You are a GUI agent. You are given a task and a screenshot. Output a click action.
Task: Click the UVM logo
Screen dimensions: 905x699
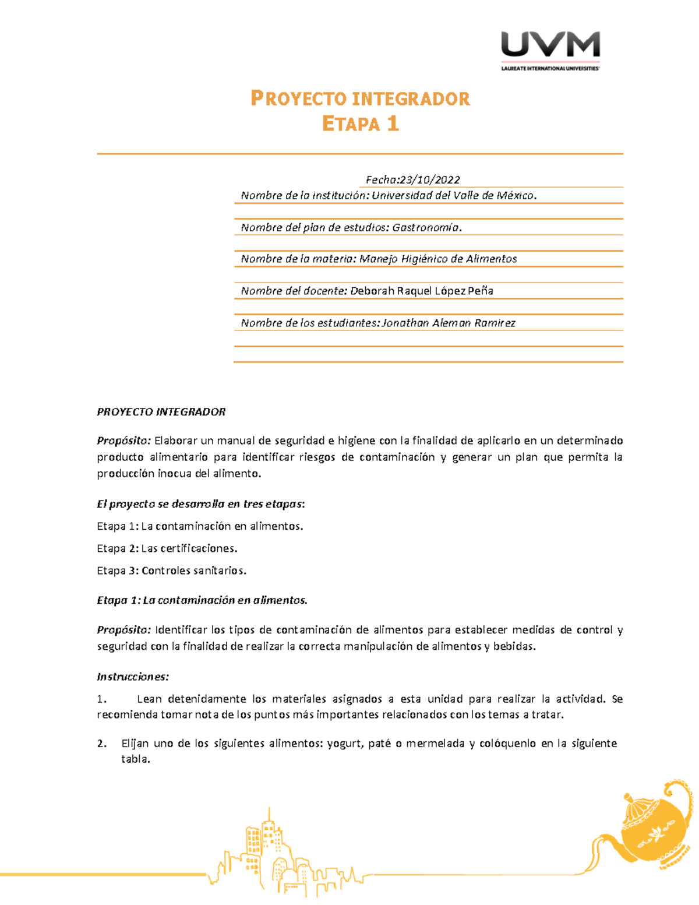pos(550,45)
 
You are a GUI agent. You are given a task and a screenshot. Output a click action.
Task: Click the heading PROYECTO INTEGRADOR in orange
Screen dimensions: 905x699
pos(360,98)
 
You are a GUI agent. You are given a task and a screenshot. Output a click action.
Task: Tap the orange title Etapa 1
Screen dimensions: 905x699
pos(360,124)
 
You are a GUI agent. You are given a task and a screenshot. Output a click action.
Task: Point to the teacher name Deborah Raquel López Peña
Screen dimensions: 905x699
pos(422,291)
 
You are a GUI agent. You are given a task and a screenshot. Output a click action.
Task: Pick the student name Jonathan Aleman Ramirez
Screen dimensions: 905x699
pos(449,323)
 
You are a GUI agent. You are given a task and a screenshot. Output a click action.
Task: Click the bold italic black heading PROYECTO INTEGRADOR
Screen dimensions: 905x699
pos(161,412)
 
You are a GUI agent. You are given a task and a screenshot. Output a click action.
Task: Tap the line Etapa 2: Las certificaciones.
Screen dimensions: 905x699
pos(167,548)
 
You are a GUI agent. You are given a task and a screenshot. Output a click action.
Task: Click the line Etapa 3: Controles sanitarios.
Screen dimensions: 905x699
pos(172,571)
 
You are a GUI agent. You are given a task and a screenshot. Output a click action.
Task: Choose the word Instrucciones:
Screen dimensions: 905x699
pos(133,677)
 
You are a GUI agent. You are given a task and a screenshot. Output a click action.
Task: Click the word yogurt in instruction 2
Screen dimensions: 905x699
pos(344,744)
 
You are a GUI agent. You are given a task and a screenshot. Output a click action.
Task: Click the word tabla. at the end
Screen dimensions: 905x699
pos(136,759)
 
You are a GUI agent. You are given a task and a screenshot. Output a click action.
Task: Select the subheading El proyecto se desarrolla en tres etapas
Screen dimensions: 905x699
pos(200,504)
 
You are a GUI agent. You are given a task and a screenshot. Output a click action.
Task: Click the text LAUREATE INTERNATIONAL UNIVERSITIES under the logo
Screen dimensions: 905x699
pos(550,68)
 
